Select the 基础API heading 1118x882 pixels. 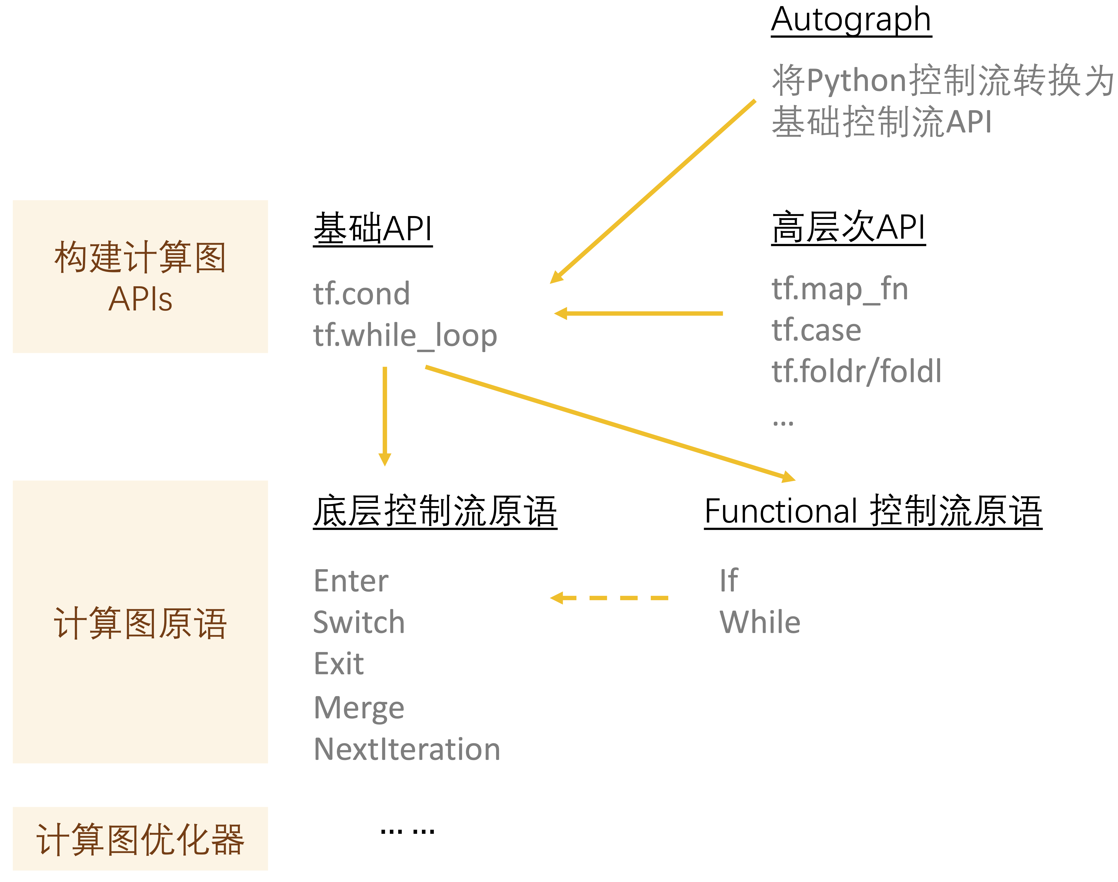372,229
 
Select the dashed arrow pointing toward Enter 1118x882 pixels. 609,598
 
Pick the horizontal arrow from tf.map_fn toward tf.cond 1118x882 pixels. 638,313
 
